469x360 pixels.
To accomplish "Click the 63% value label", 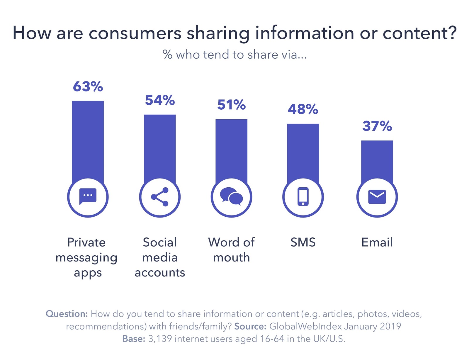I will pos(88,87).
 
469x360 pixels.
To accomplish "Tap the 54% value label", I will pos(160,100).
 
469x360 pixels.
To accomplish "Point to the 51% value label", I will pos(231,105).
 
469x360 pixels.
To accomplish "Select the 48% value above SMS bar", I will pos(303,109).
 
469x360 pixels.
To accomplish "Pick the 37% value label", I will pos(377,126).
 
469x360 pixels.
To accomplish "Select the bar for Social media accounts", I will pos(160,147).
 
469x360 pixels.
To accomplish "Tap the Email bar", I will pos(377,160).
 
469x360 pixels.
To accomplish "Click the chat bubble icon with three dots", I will pos(88,196).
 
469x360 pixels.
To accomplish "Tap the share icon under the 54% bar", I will pos(160,197).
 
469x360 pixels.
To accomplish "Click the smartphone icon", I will pos(303,197).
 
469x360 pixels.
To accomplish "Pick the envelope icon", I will pos(377,197).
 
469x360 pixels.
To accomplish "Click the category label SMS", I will pos(303,242).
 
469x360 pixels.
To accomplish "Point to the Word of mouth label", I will pos(231,250).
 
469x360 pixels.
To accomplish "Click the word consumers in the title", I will pos(135,33).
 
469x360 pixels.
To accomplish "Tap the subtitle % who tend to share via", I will pos(235,55).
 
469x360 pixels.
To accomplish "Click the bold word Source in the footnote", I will pos(250,326).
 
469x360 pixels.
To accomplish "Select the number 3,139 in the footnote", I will pos(160,339).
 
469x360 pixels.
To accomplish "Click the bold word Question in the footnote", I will pos(67,314).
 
